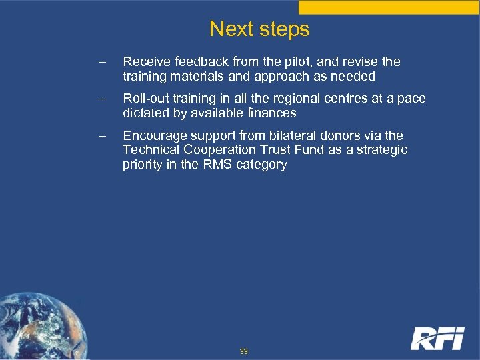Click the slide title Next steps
click(x=259, y=29)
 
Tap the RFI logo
click(x=437, y=338)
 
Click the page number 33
click(x=244, y=351)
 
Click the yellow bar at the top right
click(x=389, y=7)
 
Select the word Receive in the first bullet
click(x=146, y=62)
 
